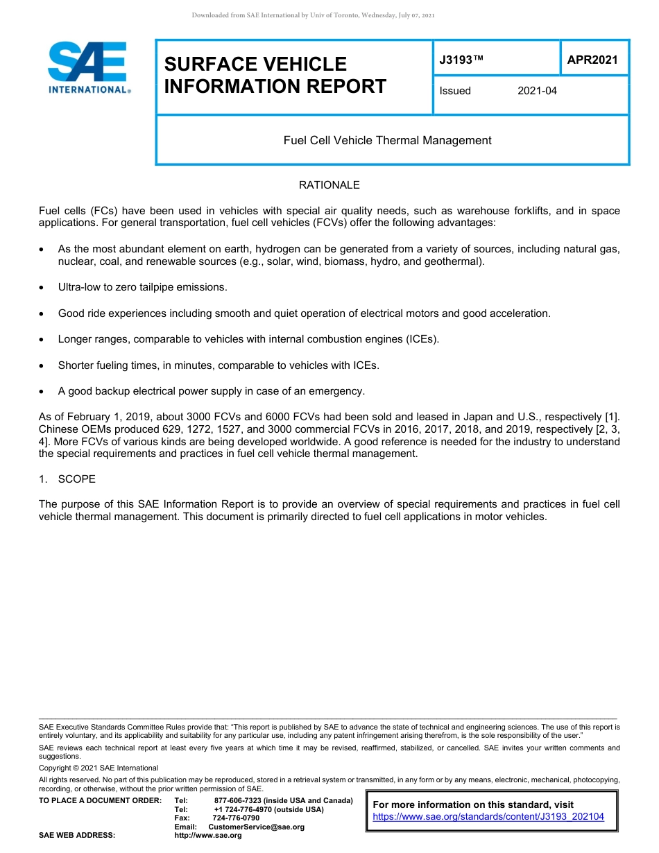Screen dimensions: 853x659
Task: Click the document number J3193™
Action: point(461,60)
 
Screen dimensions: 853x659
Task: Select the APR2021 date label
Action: point(592,60)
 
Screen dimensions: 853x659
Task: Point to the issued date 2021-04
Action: point(537,91)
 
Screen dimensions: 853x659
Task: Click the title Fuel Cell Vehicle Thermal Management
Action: point(387,140)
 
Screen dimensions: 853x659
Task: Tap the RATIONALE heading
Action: point(329,185)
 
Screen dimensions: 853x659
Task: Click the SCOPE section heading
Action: point(76,479)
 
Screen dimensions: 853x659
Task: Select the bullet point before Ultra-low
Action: point(43,287)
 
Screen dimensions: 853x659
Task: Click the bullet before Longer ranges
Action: point(43,339)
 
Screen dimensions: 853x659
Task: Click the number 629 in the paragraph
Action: point(150,429)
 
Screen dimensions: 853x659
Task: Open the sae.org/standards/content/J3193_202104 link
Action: point(488,817)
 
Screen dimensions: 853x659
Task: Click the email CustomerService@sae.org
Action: point(256,827)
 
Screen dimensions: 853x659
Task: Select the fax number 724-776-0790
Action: point(236,818)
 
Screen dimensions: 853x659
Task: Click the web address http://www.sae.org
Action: point(207,836)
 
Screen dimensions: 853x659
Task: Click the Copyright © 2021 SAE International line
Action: point(99,768)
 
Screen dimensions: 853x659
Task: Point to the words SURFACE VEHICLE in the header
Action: point(255,64)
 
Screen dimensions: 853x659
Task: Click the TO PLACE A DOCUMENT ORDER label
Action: point(100,800)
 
